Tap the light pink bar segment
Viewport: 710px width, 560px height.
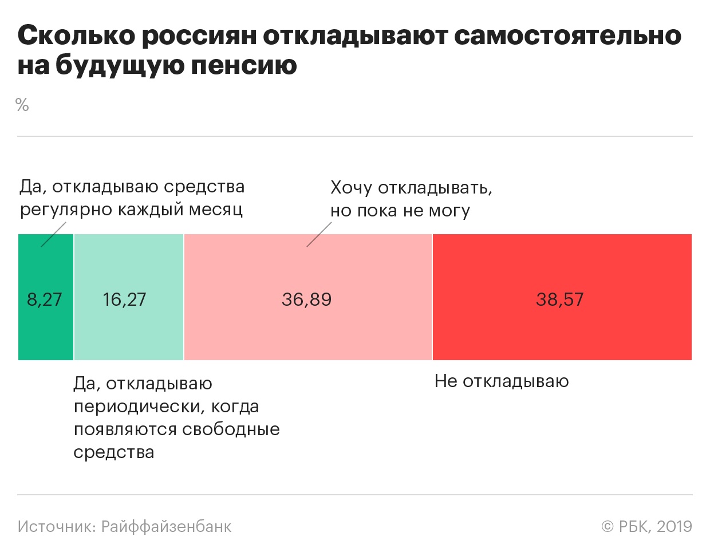(x=308, y=332)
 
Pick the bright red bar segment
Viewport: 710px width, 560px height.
(x=562, y=332)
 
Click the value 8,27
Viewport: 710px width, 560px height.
(x=45, y=299)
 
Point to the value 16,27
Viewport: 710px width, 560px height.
(x=124, y=299)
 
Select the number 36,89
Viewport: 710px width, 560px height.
(x=306, y=299)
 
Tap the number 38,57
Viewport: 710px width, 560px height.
(x=559, y=299)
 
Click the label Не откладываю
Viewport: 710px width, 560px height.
(x=502, y=381)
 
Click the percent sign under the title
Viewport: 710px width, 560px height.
(x=22, y=105)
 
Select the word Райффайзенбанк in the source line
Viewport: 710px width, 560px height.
(x=166, y=527)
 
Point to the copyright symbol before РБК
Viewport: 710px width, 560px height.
(x=608, y=527)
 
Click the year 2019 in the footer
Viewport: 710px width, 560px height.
(x=674, y=527)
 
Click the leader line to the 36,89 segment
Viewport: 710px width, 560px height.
(x=319, y=235)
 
